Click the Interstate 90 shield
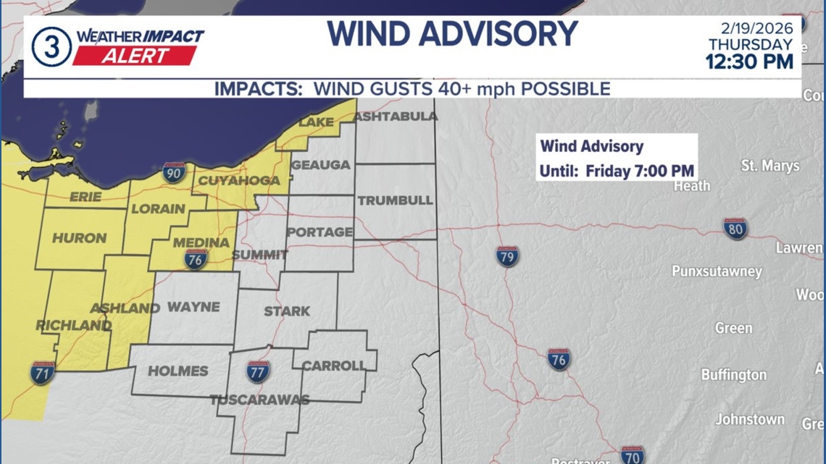[x=174, y=172]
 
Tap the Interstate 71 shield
[x=42, y=373]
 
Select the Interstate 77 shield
[x=258, y=371]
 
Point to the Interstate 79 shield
[x=507, y=256]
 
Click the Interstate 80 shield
[x=735, y=229]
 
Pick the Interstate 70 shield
[x=632, y=455]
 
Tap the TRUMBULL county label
[x=395, y=201]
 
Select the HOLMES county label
[x=178, y=371]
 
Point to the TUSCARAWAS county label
[x=259, y=400]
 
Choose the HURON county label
[x=80, y=237]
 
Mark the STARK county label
[x=287, y=311]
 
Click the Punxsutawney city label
[x=717, y=271]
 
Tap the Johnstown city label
[x=750, y=419]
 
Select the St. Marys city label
[x=770, y=166]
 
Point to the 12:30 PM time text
[x=749, y=62]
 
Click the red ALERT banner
[x=135, y=56]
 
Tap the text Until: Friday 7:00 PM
[x=617, y=172]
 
